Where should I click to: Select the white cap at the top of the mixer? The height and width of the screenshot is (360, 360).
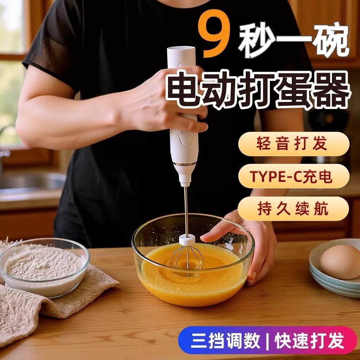pyautogui.click(x=181, y=53)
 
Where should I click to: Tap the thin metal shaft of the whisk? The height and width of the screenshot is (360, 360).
pyautogui.click(x=186, y=211)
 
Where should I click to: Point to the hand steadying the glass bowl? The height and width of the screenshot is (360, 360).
pyautogui.click(x=246, y=239)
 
